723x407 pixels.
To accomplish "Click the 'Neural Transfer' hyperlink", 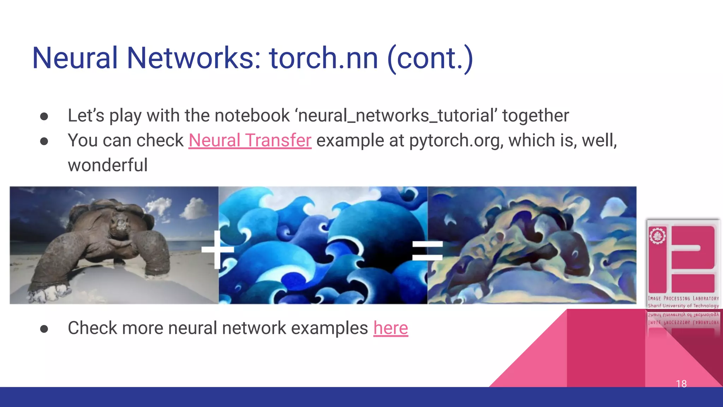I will (250, 140).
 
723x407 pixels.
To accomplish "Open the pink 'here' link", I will (390, 328).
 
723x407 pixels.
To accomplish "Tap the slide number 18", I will (681, 384).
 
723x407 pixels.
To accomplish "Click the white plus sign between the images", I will (217, 249).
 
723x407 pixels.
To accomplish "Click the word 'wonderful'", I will (108, 165).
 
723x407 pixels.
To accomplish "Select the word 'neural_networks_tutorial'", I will (398, 116).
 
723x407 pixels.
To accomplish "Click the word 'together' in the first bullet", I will (536, 116).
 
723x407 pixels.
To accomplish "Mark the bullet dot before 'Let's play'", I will (44, 117).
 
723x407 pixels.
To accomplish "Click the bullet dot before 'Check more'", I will (44, 329).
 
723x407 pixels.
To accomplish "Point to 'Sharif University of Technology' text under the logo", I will (683, 306).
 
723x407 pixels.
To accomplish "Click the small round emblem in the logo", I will (657, 236).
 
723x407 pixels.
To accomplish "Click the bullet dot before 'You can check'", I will (44, 141).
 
